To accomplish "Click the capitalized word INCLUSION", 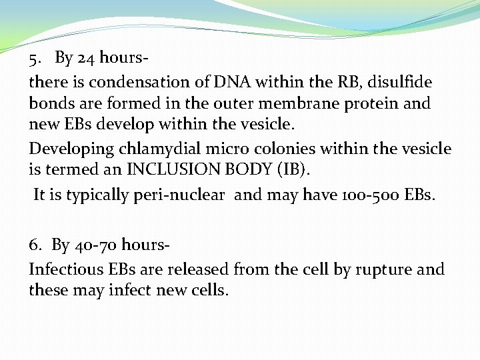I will pyautogui.click(x=173, y=169).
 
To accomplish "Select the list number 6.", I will pyautogui.click(x=33, y=246).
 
